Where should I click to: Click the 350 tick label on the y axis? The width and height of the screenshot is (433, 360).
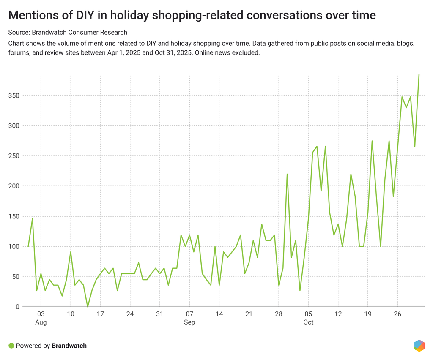[x=14, y=96]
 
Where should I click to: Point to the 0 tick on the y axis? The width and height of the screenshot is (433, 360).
[x=17, y=307]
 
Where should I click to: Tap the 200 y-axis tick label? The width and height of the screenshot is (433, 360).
[x=14, y=186]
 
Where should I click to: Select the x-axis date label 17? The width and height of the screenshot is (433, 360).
[x=100, y=314]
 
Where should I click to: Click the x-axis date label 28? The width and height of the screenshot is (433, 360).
[x=279, y=314]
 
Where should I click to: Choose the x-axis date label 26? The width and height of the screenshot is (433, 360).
[x=397, y=314]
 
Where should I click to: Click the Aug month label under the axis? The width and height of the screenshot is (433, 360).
[x=41, y=322]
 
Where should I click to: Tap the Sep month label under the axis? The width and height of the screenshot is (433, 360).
[x=189, y=322]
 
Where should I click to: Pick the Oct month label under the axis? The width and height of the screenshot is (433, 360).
[x=308, y=322]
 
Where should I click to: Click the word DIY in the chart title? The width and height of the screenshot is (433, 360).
[x=76, y=16]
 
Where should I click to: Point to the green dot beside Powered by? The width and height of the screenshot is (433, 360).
[x=11, y=346]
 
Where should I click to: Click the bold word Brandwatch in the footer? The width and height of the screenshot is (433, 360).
[x=69, y=346]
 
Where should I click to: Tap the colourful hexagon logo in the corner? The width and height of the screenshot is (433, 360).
[x=419, y=345]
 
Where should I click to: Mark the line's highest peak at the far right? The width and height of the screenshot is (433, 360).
[x=419, y=75]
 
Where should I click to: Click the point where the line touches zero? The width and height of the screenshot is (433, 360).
[x=88, y=306]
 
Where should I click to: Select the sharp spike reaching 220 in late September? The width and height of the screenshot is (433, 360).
[x=287, y=174]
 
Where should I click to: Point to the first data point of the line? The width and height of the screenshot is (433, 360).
[x=28, y=246]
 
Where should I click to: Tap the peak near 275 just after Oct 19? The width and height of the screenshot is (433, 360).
[x=372, y=141]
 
